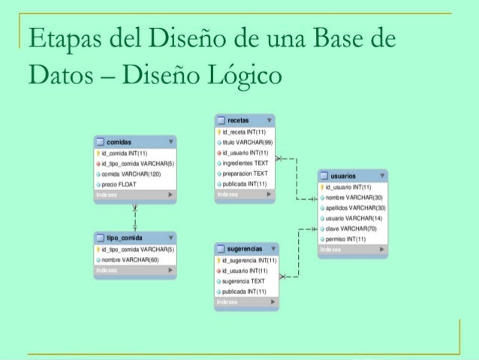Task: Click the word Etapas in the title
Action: tap(56, 39)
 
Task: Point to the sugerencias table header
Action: tap(243, 248)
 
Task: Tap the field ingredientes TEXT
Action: tap(245, 162)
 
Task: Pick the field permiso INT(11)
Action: tap(346, 239)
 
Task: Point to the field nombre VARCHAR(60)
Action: tap(132, 259)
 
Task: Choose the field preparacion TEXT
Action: tap(245, 173)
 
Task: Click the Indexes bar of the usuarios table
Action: tap(352, 249)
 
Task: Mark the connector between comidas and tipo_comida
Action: tap(135, 214)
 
